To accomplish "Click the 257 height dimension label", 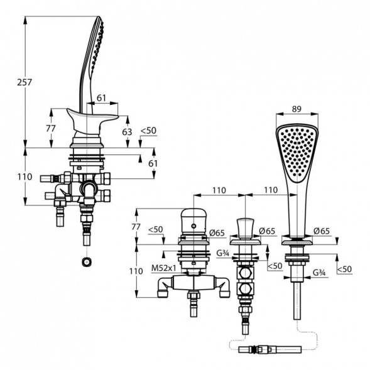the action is [24, 82].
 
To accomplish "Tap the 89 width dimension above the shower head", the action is [297, 109].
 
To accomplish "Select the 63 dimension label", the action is [127, 132].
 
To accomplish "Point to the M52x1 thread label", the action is [164, 268].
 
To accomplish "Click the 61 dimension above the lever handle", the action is [102, 98].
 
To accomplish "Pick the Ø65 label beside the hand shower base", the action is [322, 231].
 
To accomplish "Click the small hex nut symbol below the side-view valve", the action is [87, 262].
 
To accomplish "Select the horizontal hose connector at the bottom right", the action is [270, 349].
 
